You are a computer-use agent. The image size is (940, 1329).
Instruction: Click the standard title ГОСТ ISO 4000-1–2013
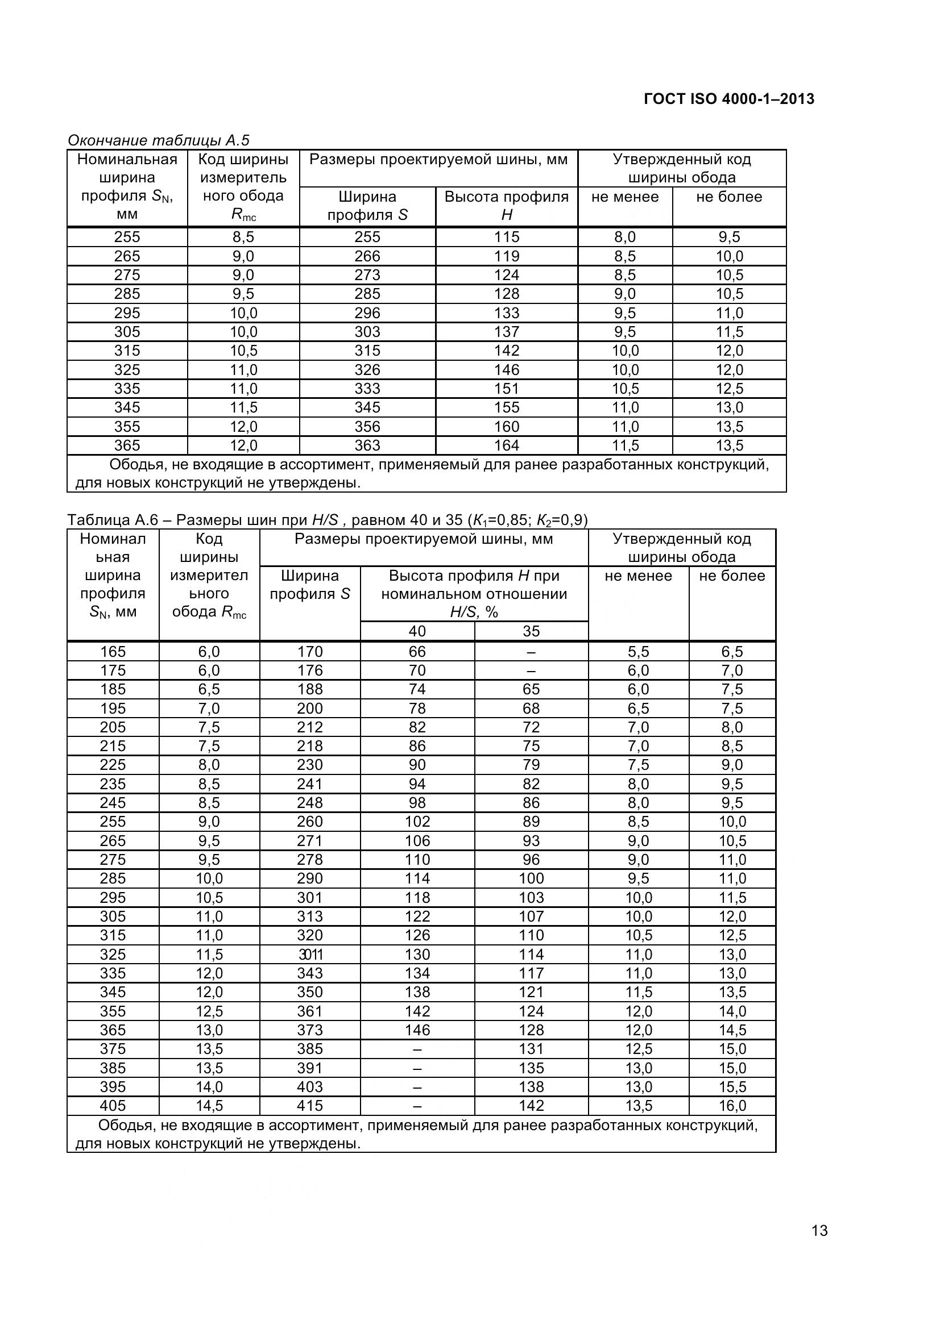(728, 99)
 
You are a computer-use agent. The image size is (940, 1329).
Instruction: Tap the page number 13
(819, 1246)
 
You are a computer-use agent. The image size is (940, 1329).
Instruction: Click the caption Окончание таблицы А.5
(158, 140)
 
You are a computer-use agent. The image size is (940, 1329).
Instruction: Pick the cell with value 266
(367, 256)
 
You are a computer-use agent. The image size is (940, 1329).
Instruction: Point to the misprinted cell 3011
(310, 954)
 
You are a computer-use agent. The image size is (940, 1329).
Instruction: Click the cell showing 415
(310, 1106)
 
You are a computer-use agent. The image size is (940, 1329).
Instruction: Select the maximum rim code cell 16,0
(732, 1106)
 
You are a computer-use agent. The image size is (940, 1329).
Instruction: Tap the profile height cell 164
(507, 445)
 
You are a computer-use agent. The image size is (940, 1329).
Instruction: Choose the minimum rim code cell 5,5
(638, 652)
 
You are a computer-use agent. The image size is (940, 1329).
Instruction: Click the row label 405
(113, 1106)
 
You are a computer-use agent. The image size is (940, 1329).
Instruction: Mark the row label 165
(113, 652)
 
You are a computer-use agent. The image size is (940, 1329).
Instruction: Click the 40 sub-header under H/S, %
(417, 631)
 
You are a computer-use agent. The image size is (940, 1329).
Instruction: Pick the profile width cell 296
(367, 313)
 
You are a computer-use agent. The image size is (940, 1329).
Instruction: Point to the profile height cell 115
(507, 237)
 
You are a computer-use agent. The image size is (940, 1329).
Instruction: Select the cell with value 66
(417, 652)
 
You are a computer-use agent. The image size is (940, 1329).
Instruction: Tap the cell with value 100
(531, 878)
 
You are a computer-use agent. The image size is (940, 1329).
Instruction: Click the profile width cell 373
(310, 1030)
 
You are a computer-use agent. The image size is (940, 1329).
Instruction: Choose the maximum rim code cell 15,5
(732, 1086)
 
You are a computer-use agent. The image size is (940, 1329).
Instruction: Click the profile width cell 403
(310, 1086)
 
